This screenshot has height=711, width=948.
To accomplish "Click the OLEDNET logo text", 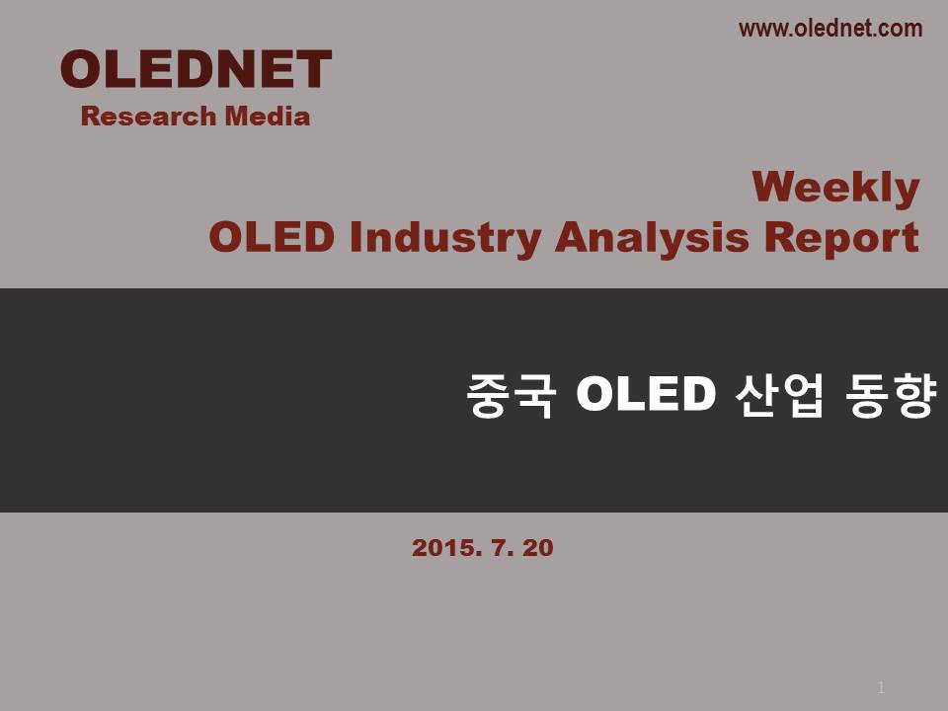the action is (196, 69).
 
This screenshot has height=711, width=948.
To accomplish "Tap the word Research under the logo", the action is (148, 117).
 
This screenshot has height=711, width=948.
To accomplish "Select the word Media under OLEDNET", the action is (268, 117).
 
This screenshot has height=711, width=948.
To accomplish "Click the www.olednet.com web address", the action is (830, 29).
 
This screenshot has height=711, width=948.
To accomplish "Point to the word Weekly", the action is (836, 188).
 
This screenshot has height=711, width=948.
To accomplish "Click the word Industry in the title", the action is (445, 238).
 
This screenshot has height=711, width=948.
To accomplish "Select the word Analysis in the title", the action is (652, 238).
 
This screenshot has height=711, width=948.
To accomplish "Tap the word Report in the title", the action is (841, 238).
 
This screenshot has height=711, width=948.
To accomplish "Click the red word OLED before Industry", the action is (272, 237).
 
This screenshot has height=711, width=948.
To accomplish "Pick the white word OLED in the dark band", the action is (646, 394).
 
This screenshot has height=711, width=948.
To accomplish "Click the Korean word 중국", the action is (511, 394).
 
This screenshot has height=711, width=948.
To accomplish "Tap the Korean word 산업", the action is (779, 394).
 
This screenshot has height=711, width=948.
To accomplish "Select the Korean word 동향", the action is (892, 394).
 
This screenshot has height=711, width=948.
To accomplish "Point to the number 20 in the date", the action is (538, 548).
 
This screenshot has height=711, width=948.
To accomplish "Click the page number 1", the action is (881, 687).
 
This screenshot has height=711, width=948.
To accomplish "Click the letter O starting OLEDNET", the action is (81, 69).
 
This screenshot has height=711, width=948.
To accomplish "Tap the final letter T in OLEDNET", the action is (313, 69).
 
